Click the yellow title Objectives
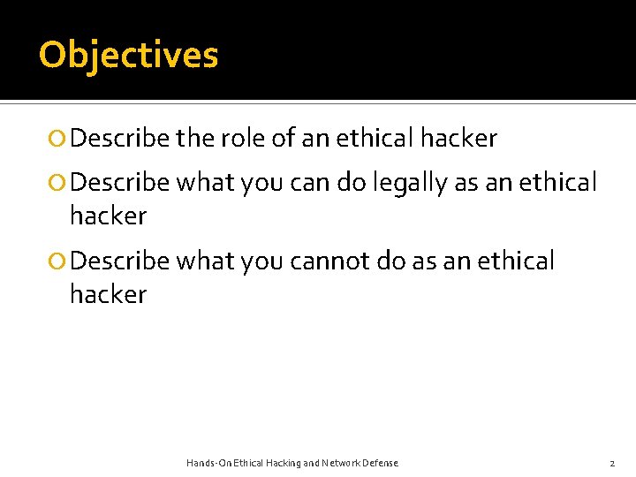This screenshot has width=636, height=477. pos(128,55)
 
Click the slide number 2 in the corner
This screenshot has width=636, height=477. pos(611,463)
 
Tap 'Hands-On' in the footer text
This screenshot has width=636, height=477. pos(208,463)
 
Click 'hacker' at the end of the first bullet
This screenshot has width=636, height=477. pos(458,139)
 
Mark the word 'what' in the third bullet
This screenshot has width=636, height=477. pos(200,261)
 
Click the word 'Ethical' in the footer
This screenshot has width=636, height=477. pos(246,463)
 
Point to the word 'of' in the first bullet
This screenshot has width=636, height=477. pos(284,139)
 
